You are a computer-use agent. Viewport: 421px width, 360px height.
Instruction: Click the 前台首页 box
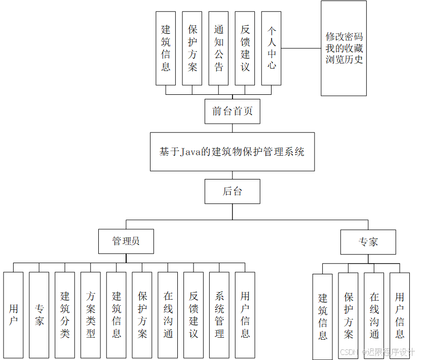(x=233, y=112)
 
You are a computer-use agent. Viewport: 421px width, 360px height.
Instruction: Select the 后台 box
(x=233, y=191)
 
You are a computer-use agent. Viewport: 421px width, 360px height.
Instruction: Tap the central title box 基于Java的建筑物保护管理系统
(x=232, y=152)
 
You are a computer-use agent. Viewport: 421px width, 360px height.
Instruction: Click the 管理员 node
(x=126, y=242)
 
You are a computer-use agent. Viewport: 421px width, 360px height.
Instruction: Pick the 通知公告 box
(x=219, y=48)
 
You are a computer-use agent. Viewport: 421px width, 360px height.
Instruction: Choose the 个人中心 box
(x=272, y=48)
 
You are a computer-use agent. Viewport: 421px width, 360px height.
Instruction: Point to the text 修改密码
(x=344, y=37)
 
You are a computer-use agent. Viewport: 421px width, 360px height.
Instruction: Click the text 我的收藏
(x=344, y=49)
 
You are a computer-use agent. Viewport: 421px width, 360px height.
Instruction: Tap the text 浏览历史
(x=344, y=60)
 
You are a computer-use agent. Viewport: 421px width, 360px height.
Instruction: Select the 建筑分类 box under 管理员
(x=65, y=315)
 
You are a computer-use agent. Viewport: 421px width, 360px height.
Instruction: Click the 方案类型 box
(x=91, y=315)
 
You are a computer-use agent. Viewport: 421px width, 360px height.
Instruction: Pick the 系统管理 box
(x=219, y=315)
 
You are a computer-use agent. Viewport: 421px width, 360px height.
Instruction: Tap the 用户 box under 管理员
(x=13, y=315)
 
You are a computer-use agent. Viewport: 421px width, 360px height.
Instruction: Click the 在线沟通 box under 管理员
(x=168, y=315)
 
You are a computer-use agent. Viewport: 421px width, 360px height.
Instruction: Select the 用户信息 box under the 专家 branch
(x=400, y=316)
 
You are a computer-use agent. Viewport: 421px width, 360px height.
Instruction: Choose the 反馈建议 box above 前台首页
(x=245, y=48)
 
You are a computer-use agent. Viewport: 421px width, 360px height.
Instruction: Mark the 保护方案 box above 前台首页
(x=193, y=48)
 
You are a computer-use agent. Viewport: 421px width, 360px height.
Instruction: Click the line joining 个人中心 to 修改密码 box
(x=301, y=49)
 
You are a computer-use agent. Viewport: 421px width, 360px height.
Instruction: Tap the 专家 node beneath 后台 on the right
(x=368, y=242)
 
